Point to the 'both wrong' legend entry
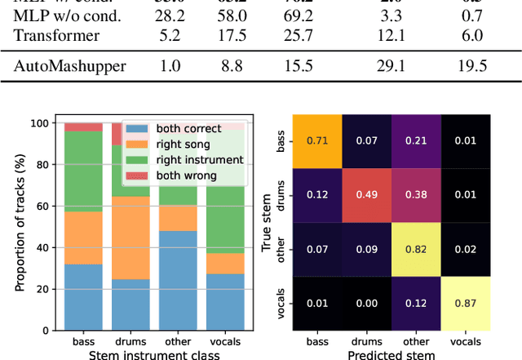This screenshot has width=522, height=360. [x=170, y=175]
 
